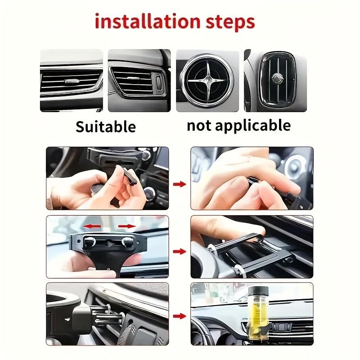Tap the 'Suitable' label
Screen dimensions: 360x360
(105, 126)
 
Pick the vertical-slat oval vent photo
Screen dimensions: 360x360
(275, 81)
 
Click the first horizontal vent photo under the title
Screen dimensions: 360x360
(71, 81)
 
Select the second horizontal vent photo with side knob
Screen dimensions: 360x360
(139, 81)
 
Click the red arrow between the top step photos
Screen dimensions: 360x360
(180, 184)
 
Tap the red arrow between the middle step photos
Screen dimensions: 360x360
(180, 251)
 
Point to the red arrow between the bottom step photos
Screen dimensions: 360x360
(180, 316)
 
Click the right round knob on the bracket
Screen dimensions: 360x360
(127, 242)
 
